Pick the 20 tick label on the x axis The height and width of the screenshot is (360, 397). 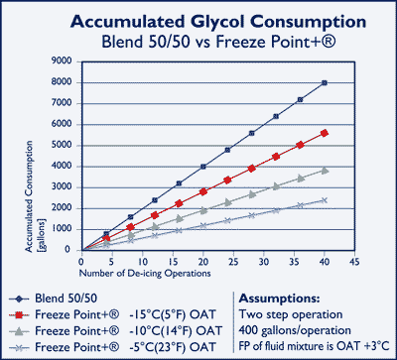tap(202, 262)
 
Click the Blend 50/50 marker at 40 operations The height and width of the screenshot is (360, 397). tap(325, 82)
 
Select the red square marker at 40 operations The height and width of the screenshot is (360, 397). tap(325, 133)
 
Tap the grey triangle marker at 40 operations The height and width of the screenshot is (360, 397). tap(325, 170)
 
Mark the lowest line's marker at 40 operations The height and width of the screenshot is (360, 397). tap(325, 199)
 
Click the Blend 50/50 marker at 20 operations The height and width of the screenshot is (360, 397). tap(202, 167)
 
